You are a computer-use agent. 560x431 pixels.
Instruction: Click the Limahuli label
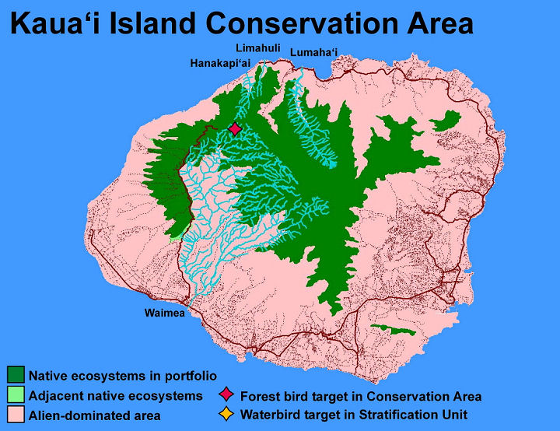coord(258,48)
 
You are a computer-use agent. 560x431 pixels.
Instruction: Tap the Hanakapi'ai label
coord(220,64)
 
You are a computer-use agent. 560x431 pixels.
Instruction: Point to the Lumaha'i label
coord(313,53)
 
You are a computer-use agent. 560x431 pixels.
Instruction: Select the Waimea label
coord(165,313)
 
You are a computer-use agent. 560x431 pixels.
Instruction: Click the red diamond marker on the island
coord(235,128)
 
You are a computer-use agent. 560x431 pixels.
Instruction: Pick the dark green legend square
coord(16,374)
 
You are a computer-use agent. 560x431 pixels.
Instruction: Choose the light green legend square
coord(16,394)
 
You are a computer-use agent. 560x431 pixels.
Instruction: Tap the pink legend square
coord(16,414)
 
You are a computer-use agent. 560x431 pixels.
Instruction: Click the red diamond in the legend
coord(226,394)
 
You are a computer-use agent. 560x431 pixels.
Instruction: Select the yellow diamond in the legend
coord(226,414)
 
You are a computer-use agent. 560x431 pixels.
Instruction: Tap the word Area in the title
coord(440,23)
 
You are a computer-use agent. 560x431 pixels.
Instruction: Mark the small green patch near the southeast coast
coord(393,330)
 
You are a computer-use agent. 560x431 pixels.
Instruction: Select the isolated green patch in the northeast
coord(446,121)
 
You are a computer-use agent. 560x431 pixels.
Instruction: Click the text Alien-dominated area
coord(95,416)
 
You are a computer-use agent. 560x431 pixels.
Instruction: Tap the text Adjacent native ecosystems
coord(116,396)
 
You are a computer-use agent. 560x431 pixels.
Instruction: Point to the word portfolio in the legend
coord(191,377)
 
